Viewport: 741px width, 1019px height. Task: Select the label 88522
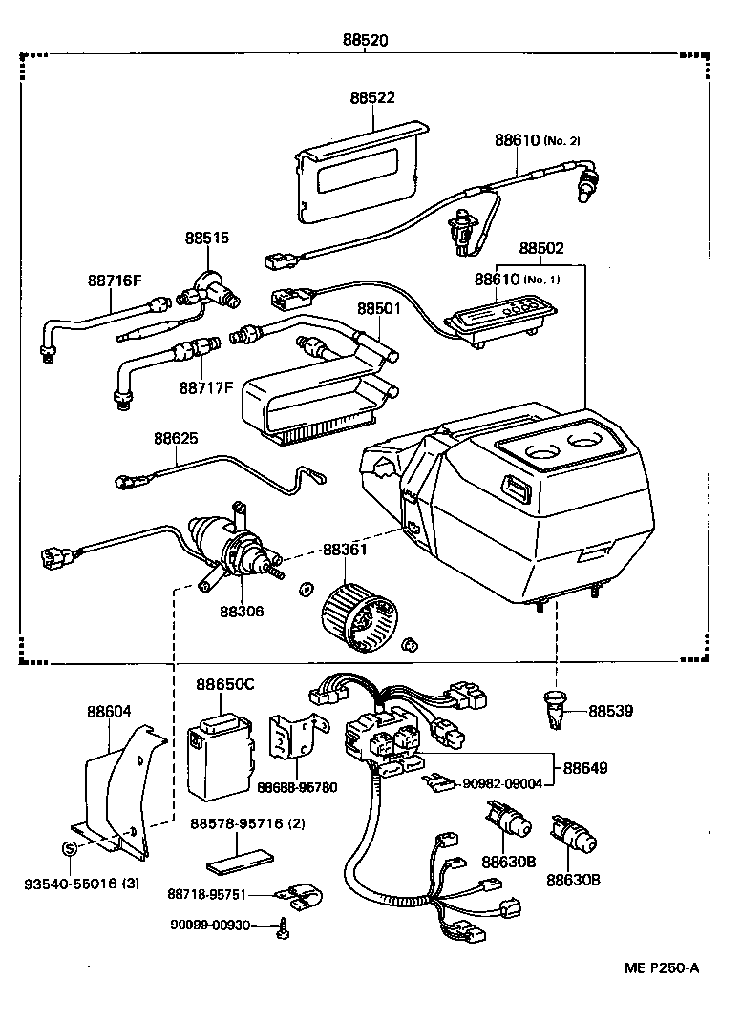(x=372, y=98)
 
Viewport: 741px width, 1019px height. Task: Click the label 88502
(x=541, y=249)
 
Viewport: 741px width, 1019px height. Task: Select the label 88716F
(x=115, y=281)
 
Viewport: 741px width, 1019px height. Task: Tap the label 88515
(x=207, y=238)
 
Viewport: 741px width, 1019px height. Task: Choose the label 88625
(x=177, y=438)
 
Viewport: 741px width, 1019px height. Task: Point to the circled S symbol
(x=69, y=849)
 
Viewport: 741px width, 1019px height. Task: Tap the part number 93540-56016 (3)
(x=82, y=883)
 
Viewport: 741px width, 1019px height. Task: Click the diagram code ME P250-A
(x=662, y=968)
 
